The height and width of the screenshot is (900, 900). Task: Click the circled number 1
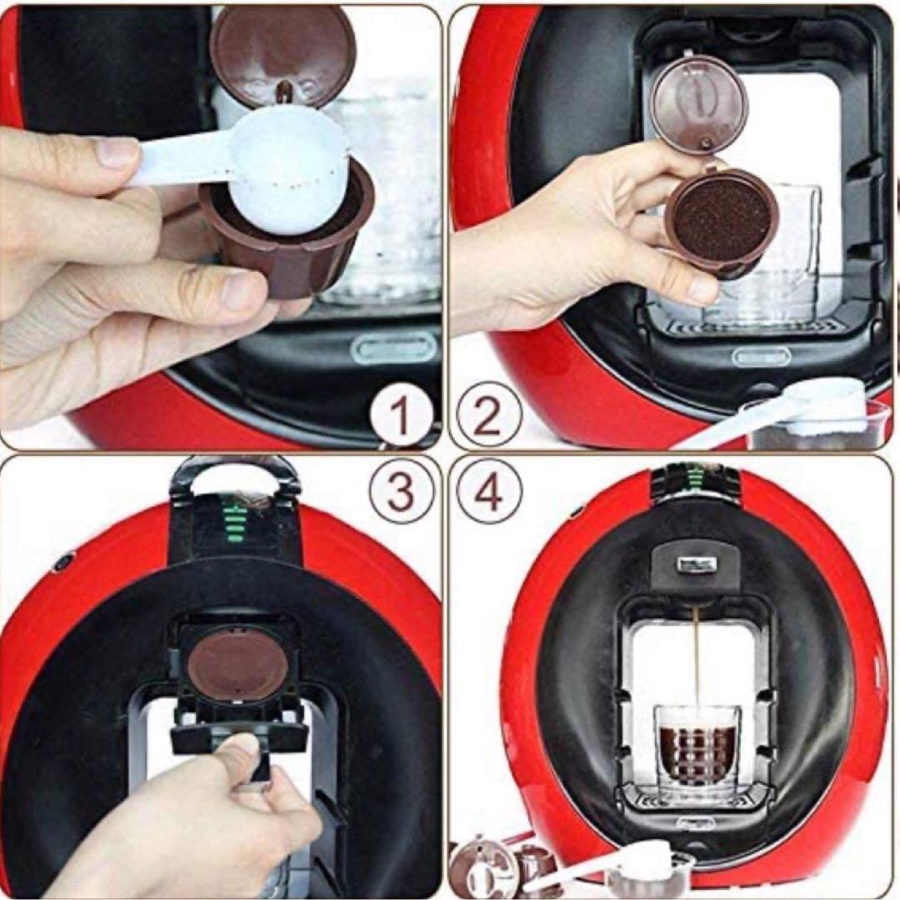(400, 416)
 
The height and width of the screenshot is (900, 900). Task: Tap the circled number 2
(487, 416)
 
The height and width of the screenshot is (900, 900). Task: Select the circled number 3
(400, 492)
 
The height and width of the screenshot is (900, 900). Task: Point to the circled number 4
(487, 492)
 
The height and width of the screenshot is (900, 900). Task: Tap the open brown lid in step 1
(283, 54)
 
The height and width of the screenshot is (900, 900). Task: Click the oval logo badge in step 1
(394, 349)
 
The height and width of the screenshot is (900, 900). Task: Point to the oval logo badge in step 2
(762, 357)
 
